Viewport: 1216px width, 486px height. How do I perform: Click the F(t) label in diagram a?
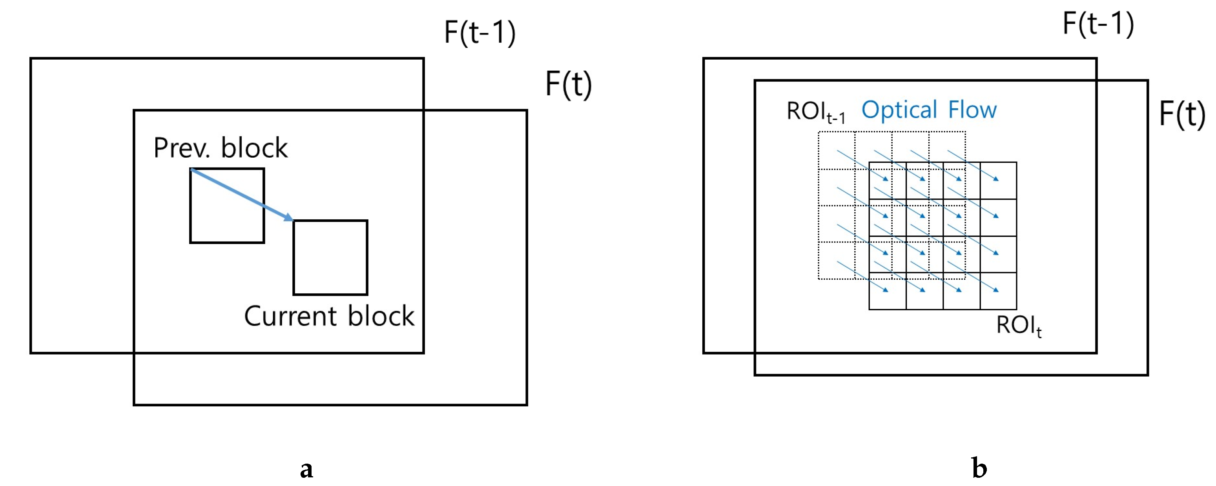point(568,84)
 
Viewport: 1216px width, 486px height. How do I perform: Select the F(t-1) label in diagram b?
point(1097,24)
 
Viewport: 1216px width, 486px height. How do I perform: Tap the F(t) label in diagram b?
point(1181,114)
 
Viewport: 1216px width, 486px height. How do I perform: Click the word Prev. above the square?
point(182,148)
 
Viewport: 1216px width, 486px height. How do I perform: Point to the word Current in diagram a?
point(290,316)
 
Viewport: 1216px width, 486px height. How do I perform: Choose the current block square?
point(330,258)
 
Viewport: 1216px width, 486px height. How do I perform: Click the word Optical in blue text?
point(899,110)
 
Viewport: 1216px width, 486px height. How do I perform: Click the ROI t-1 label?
point(815,112)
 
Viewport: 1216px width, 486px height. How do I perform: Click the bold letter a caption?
point(306,468)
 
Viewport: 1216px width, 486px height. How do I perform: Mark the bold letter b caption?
point(979,468)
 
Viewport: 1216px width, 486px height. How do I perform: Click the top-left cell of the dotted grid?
point(837,150)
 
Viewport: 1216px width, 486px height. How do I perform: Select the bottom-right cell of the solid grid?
point(998,291)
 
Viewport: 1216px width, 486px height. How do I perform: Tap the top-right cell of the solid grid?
point(998,180)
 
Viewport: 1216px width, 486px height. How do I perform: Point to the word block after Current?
point(381,316)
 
